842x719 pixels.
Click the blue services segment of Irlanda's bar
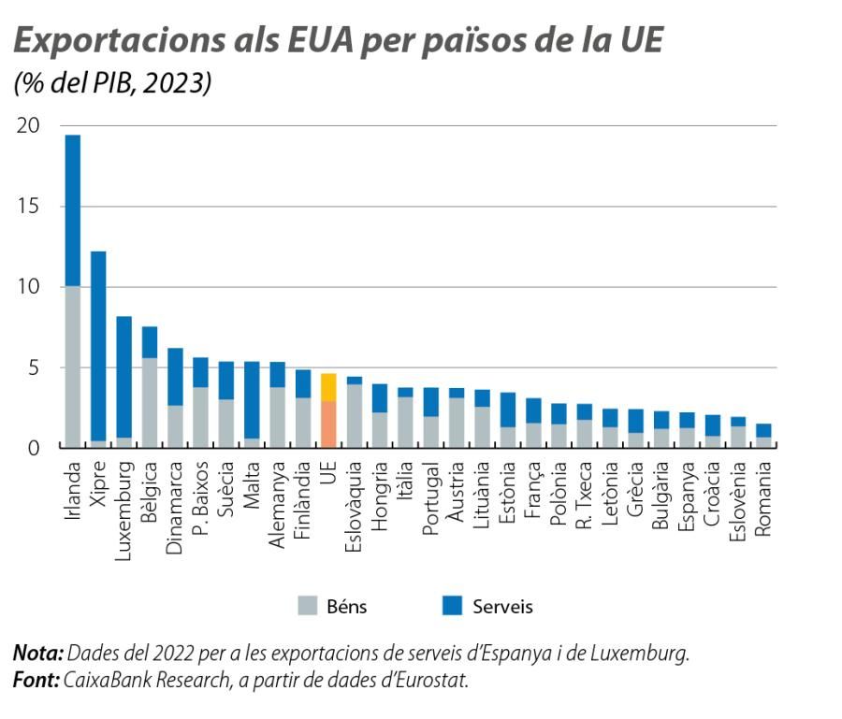(x=72, y=210)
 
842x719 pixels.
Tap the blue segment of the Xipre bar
(x=98, y=346)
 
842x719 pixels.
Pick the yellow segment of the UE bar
(x=327, y=387)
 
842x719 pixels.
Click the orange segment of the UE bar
(x=327, y=424)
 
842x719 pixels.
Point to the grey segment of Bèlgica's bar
(x=150, y=402)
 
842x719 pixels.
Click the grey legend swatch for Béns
(x=308, y=606)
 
